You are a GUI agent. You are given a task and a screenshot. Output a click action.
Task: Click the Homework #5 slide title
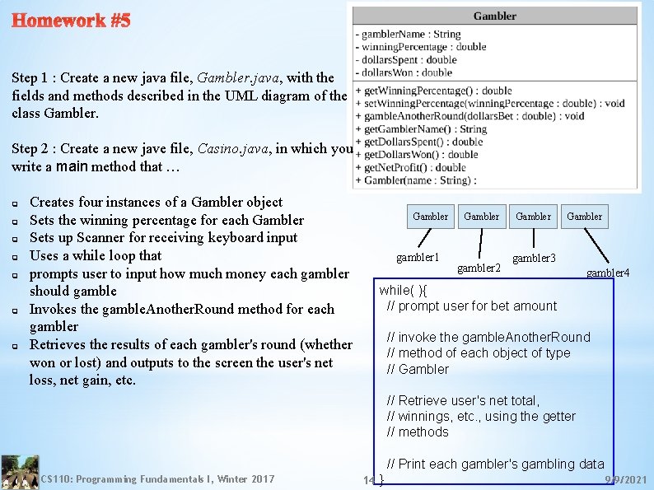[71, 21]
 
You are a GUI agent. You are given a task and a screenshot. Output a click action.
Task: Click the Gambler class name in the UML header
[495, 16]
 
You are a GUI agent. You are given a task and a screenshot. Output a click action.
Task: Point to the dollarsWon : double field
[406, 72]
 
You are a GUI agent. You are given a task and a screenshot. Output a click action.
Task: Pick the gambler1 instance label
[418, 258]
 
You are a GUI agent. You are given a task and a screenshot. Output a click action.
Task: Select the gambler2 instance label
[479, 268]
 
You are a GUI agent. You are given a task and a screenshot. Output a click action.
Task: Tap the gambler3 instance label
[534, 259]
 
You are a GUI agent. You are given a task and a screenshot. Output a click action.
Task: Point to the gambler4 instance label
[608, 272]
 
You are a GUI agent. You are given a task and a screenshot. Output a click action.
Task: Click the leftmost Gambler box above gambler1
[430, 217]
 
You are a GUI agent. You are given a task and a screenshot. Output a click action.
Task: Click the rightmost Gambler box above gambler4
[585, 217]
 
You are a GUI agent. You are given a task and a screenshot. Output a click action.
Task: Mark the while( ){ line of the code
[403, 290]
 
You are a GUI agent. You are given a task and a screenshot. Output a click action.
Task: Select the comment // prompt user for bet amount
[472, 306]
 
